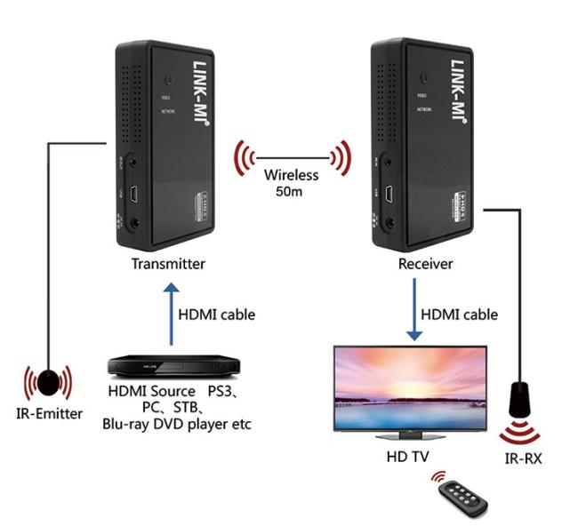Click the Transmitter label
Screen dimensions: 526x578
click(168, 263)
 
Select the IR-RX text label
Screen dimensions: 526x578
click(523, 459)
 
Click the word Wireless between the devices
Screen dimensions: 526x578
click(291, 175)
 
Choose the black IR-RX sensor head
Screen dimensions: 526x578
click(523, 398)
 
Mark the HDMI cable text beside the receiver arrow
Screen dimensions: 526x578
click(459, 314)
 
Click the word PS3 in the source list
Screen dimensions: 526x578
click(224, 391)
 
